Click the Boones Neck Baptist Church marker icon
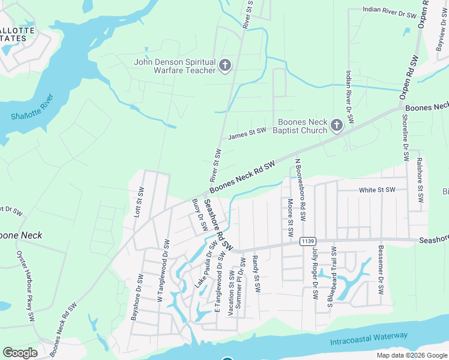pyautogui.click(x=336, y=125)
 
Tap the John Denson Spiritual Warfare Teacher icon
pyautogui.click(x=225, y=65)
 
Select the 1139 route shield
pyautogui.click(x=307, y=241)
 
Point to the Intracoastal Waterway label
pyautogui.click(x=369, y=339)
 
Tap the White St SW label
pyautogui.click(x=377, y=190)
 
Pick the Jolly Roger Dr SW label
pyautogui.click(x=314, y=274)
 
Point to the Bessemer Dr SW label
pyautogui.click(x=380, y=270)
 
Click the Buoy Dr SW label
pyautogui.click(x=199, y=214)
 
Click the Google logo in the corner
pyautogui.click(x=20, y=353)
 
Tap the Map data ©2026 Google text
pyautogui.click(x=412, y=355)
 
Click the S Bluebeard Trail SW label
pyautogui.click(x=331, y=277)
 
